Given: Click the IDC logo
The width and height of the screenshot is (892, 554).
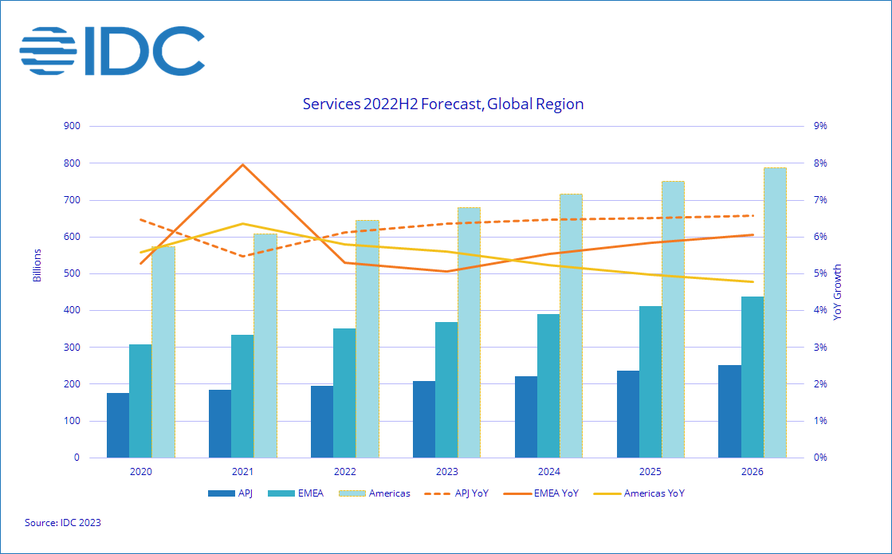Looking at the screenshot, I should pyautogui.click(x=112, y=50).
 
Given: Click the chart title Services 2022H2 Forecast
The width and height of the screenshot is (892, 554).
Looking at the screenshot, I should pyautogui.click(x=443, y=104).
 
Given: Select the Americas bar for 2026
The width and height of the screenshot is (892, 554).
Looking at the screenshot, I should pyautogui.click(x=775, y=312).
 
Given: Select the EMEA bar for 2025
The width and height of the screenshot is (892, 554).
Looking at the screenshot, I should pyautogui.click(x=650, y=382).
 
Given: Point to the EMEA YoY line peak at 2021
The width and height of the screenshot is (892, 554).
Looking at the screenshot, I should pyautogui.click(x=242, y=165).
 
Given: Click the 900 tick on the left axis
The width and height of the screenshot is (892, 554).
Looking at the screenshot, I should pyautogui.click(x=71, y=126).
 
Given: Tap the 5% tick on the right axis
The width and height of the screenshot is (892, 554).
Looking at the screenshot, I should pyautogui.click(x=819, y=273).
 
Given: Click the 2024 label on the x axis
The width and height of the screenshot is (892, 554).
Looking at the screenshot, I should pyautogui.click(x=548, y=472).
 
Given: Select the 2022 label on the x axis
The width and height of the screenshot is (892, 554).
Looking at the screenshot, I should pyautogui.click(x=344, y=472).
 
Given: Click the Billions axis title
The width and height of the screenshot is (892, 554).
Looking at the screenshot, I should pyautogui.click(x=37, y=265).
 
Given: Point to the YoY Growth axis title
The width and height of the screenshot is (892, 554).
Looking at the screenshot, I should pyautogui.click(x=837, y=292).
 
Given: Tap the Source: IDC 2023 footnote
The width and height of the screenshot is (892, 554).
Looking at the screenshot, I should pyautogui.click(x=63, y=523).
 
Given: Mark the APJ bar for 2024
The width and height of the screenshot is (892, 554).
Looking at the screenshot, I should pyautogui.click(x=526, y=417).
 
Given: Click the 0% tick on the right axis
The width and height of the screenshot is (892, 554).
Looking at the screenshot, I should pyautogui.click(x=819, y=458).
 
